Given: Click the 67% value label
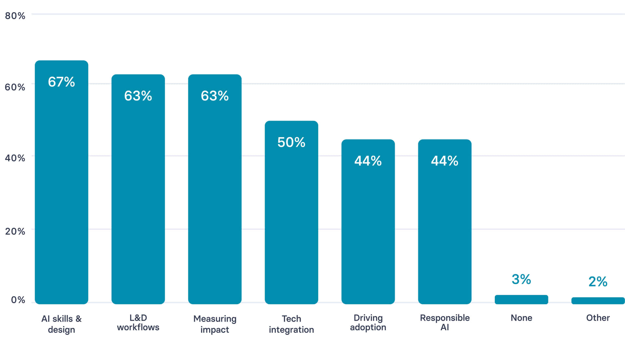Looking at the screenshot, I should click(x=61, y=82).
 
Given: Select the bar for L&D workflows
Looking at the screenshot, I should click(x=138, y=195).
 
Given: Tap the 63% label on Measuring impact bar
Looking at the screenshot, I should click(x=215, y=96).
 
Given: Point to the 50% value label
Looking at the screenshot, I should click(x=291, y=142).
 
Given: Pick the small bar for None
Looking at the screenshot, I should click(x=521, y=299).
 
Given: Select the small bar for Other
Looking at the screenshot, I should click(x=598, y=301).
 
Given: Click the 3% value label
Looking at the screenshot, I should click(x=521, y=279).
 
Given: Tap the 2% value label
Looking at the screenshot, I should click(x=598, y=282).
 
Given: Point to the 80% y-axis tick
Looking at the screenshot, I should click(x=15, y=16).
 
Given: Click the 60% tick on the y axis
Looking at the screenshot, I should click(x=15, y=87).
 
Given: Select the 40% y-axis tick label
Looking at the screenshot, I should click(x=15, y=158).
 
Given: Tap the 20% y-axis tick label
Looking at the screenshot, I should click(x=15, y=231).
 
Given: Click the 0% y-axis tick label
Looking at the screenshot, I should click(x=18, y=300).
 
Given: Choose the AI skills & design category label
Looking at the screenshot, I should click(x=61, y=324).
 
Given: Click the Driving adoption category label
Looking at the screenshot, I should click(x=368, y=322).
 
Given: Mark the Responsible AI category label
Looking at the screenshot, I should click(x=445, y=322).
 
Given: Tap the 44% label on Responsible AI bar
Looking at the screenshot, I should click(x=445, y=161).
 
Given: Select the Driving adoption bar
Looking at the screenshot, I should click(x=368, y=228).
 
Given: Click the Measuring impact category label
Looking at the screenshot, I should click(x=215, y=324).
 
